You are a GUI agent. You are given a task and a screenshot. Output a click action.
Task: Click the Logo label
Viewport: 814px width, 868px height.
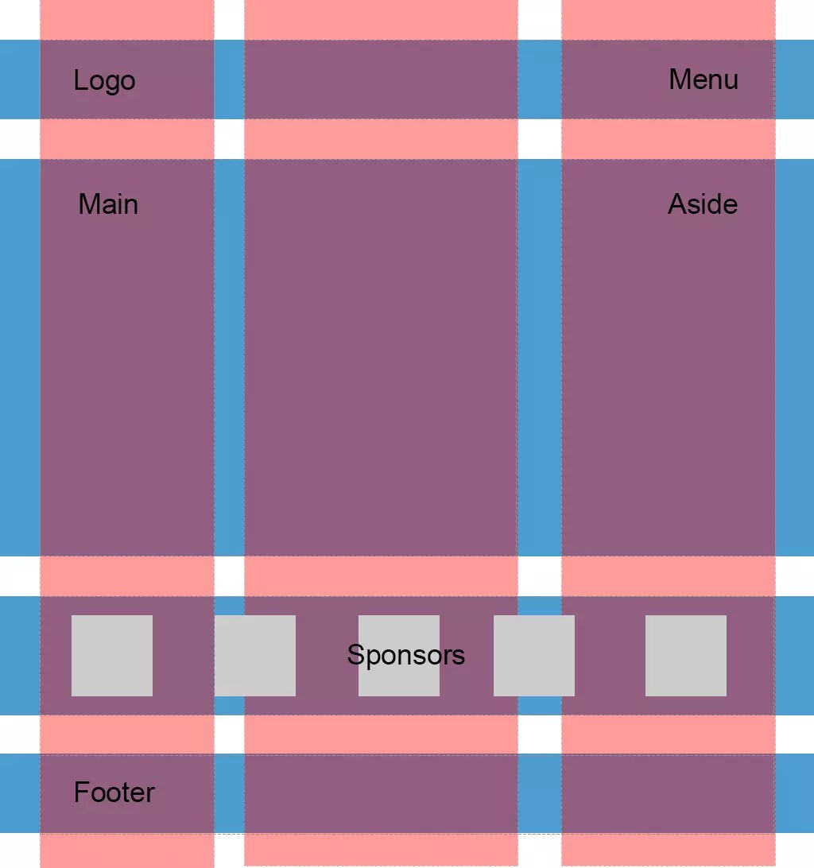click(x=104, y=80)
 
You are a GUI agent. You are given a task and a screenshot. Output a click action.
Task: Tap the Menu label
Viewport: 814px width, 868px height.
click(x=703, y=79)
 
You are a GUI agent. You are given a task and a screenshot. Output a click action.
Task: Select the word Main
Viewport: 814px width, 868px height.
click(x=108, y=204)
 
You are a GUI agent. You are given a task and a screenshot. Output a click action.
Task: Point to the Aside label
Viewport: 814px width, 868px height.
click(x=702, y=204)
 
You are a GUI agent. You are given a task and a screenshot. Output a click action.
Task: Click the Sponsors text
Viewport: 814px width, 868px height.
click(x=405, y=655)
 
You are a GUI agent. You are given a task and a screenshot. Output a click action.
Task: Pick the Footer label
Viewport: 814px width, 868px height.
click(x=114, y=792)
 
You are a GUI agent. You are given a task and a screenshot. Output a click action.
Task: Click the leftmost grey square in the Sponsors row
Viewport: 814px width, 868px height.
click(x=112, y=656)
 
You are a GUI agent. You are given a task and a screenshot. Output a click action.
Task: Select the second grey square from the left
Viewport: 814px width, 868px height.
click(x=255, y=656)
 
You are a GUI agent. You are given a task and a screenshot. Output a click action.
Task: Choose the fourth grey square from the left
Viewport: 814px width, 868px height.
click(x=534, y=656)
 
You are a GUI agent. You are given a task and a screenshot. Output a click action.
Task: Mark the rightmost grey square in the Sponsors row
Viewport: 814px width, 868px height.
click(x=686, y=656)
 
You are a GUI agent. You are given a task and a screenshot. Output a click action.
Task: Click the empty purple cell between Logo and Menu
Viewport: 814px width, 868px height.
click(x=381, y=79)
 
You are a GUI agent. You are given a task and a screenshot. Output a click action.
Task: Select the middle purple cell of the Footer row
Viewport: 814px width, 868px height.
click(x=381, y=793)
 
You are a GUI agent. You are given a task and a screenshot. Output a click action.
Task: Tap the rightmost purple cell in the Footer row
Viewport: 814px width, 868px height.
click(x=668, y=793)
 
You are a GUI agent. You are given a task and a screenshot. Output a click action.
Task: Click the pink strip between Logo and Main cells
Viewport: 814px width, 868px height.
click(x=127, y=139)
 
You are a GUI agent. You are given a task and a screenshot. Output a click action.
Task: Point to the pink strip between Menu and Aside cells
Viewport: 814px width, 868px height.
click(x=668, y=139)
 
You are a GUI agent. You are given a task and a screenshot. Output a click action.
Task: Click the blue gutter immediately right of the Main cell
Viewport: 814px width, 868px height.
click(x=229, y=358)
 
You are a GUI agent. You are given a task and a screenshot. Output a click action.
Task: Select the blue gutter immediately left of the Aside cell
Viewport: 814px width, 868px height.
click(x=540, y=358)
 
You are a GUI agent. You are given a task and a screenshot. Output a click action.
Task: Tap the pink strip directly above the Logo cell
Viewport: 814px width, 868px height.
click(x=127, y=20)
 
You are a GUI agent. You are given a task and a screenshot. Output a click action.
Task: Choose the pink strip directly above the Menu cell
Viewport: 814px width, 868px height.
click(x=668, y=20)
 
